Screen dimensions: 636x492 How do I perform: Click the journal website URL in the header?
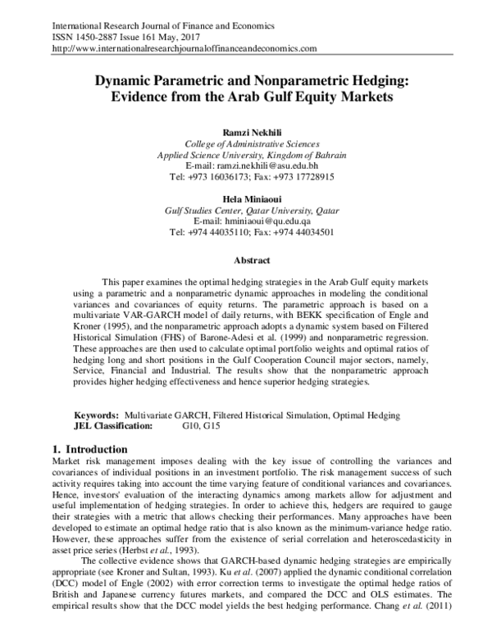coord(184,49)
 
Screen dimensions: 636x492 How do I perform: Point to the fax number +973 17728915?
coord(304,176)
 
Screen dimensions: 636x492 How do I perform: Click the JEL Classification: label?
coord(113,426)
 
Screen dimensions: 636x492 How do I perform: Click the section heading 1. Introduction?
coord(89,449)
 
